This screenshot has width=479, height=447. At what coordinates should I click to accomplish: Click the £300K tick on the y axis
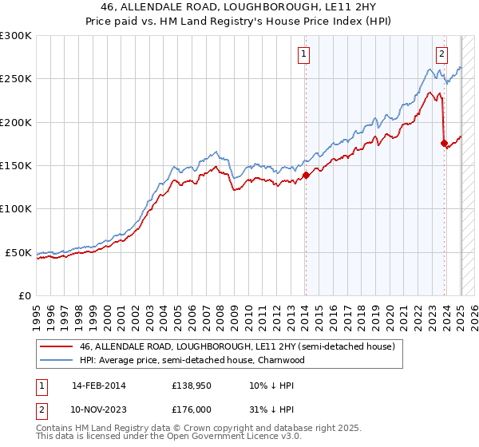click(x=16, y=36)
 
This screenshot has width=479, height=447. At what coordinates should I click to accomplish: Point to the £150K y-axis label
click(x=16, y=166)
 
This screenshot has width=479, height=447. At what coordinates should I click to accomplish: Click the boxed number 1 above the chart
click(x=305, y=54)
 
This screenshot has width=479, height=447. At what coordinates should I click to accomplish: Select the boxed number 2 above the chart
click(x=441, y=54)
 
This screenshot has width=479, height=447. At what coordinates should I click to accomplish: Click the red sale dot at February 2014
click(x=306, y=176)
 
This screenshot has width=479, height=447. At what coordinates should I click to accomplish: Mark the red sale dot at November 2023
click(x=444, y=144)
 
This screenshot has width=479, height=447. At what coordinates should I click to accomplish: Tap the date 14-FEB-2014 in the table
click(x=98, y=385)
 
